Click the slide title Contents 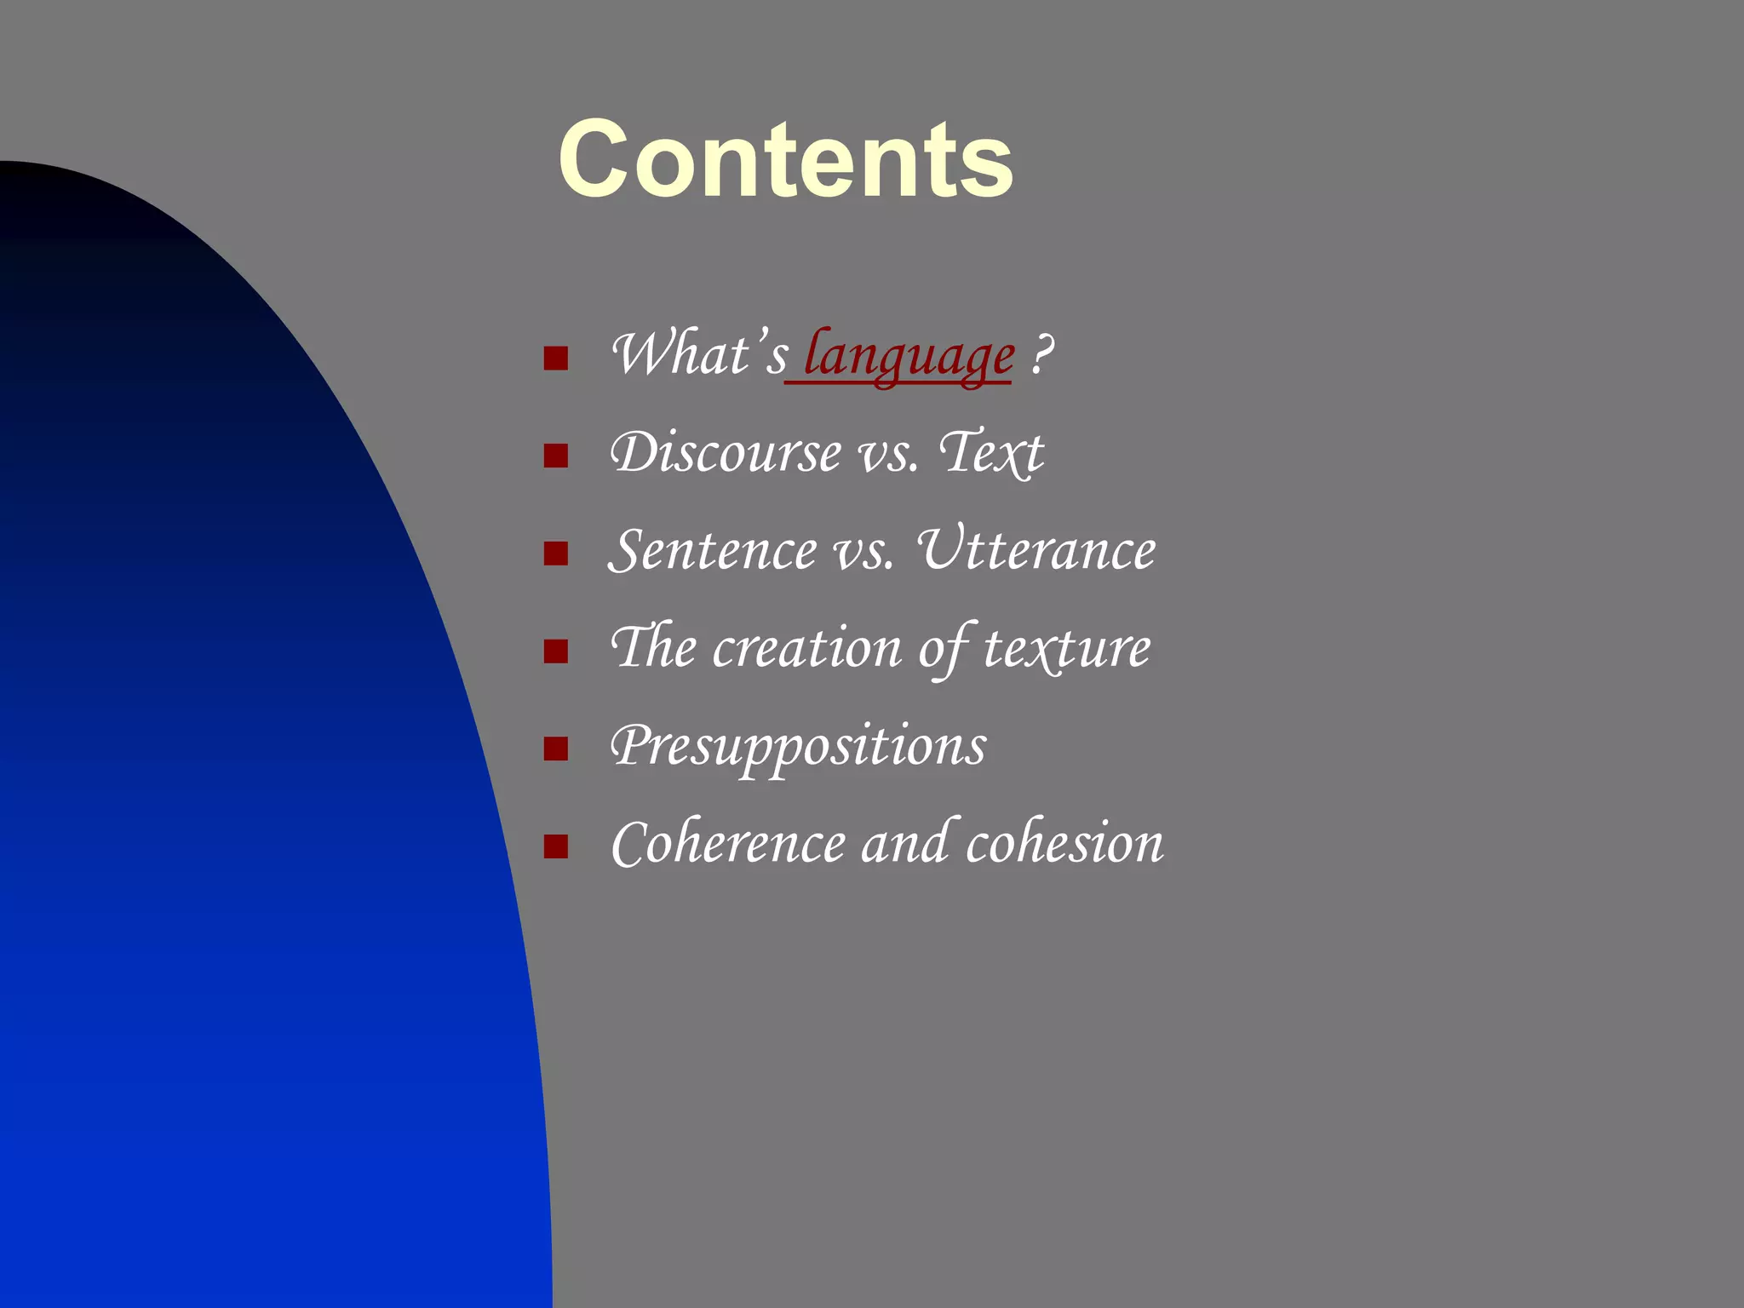785,160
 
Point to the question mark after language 1041,354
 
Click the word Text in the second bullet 991,452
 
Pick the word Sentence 713,550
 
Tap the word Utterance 1036,550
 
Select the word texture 1067,648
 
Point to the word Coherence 728,844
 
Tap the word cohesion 1064,844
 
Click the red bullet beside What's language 555,359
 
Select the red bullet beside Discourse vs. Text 555,456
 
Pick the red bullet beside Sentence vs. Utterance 555,554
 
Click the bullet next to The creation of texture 555,652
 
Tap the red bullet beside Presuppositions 555,749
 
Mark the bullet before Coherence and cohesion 555,847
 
